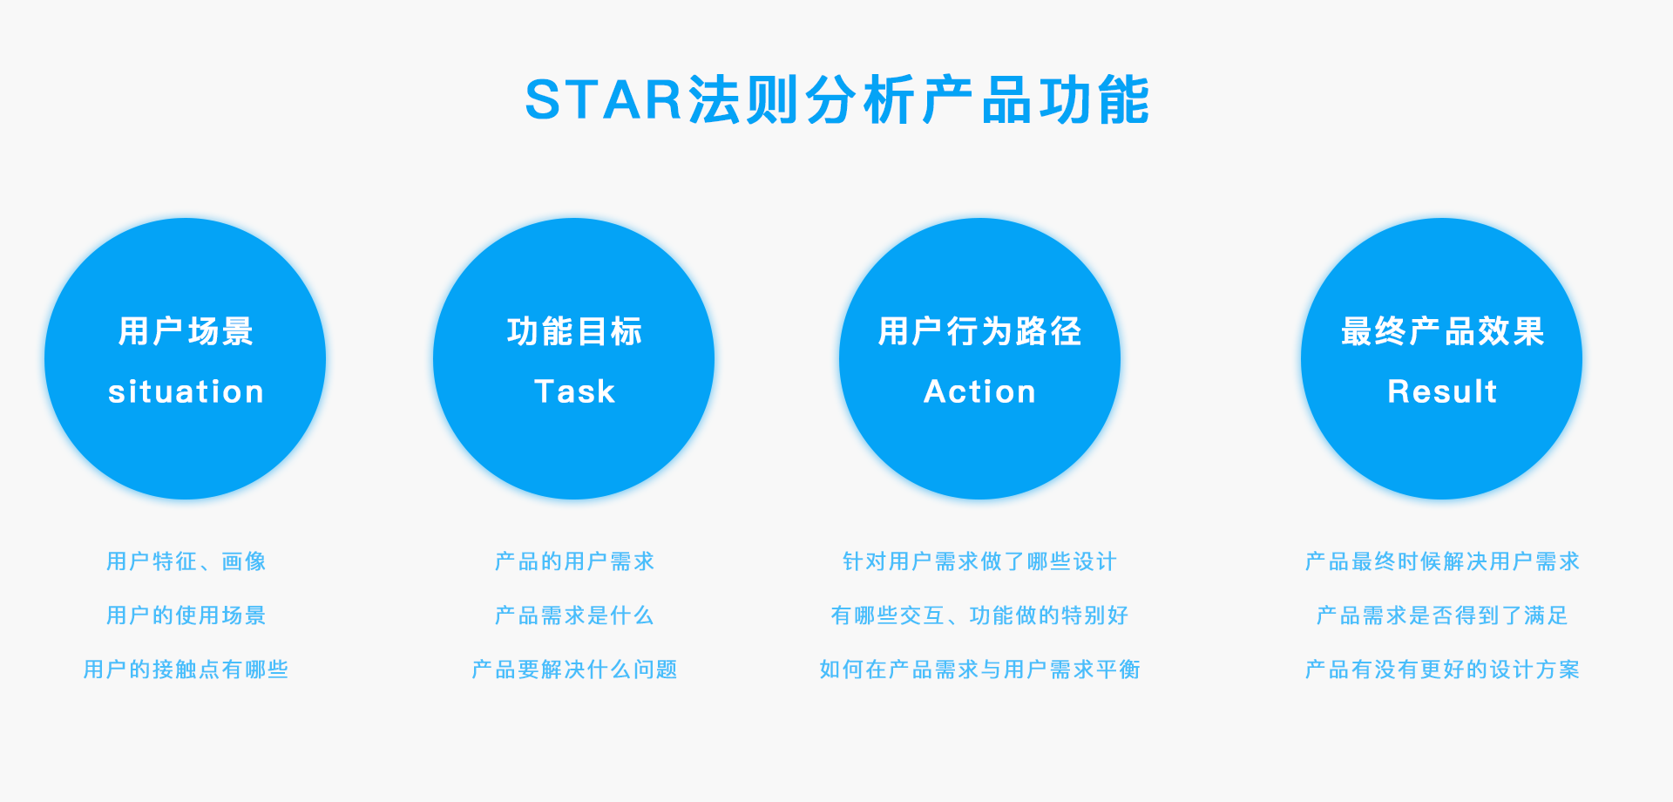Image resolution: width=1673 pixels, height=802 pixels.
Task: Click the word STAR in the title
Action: (603, 99)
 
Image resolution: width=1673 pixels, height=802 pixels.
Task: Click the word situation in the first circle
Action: (186, 391)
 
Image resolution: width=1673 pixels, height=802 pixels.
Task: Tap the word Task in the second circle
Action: (574, 391)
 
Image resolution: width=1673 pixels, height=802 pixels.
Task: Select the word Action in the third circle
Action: (979, 391)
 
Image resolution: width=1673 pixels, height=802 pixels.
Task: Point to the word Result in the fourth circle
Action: (1442, 391)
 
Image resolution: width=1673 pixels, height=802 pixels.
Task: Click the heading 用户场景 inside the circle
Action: (186, 331)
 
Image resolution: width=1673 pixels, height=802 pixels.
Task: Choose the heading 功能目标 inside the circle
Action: (574, 331)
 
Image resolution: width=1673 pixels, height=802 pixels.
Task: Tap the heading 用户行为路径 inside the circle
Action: (979, 331)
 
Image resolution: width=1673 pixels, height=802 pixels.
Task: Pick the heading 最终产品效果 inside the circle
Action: (1442, 331)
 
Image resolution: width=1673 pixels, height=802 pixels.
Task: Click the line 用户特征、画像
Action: (186, 561)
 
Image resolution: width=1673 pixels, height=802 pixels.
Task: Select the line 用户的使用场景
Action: (186, 615)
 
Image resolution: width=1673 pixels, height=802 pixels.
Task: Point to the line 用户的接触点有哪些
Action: (186, 669)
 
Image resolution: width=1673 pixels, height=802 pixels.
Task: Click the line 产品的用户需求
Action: (574, 561)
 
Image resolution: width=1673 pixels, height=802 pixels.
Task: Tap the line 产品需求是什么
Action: (574, 615)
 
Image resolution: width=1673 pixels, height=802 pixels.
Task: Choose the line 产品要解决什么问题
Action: (574, 669)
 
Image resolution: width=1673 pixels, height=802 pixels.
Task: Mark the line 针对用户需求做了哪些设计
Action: (979, 561)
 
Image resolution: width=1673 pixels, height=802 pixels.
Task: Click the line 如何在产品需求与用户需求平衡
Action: (979, 669)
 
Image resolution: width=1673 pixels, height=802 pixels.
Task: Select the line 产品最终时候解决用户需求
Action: (1442, 561)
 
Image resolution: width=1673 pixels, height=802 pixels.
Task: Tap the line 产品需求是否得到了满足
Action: (1442, 615)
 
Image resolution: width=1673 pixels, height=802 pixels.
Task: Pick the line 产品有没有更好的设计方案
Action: (1442, 669)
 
